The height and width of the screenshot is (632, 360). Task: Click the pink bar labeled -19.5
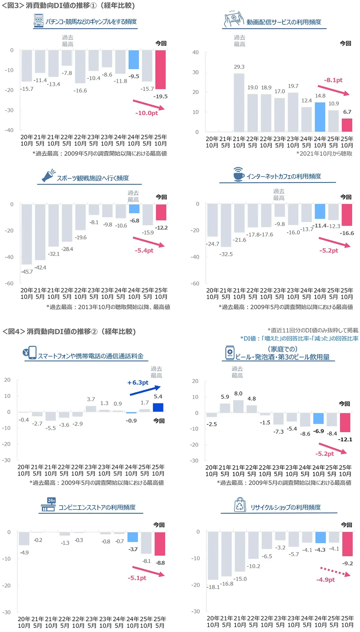tap(160, 69)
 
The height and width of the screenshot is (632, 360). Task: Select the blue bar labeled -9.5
tap(134, 60)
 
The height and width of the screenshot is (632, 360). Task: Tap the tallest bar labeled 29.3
tap(239, 103)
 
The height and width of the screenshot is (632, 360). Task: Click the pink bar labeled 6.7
tap(347, 125)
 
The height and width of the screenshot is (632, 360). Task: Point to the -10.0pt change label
tap(146, 113)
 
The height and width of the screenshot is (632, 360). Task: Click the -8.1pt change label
tap(333, 80)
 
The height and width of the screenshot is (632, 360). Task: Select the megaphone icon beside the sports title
tap(48, 175)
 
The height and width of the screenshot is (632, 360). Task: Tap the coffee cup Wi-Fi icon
tap(239, 174)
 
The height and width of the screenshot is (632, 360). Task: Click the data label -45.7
tap(27, 272)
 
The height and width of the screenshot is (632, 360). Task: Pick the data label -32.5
tap(226, 254)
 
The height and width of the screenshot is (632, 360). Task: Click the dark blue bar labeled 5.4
tap(158, 408)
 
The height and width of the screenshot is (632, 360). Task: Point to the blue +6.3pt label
tap(138, 383)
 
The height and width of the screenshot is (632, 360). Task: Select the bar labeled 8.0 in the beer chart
tap(238, 406)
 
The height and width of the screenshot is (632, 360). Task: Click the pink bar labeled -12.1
tap(345, 422)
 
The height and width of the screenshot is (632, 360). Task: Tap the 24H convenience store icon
tap(49, 505)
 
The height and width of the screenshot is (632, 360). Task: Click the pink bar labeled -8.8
tap(160, 544)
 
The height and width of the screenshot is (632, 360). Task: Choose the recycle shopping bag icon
tap(240, 505)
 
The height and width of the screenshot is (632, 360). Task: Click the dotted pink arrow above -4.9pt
tap(335, 571)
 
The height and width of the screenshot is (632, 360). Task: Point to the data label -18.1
tap(213, 587)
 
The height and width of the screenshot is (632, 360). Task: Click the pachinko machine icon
tap(38, 21)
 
